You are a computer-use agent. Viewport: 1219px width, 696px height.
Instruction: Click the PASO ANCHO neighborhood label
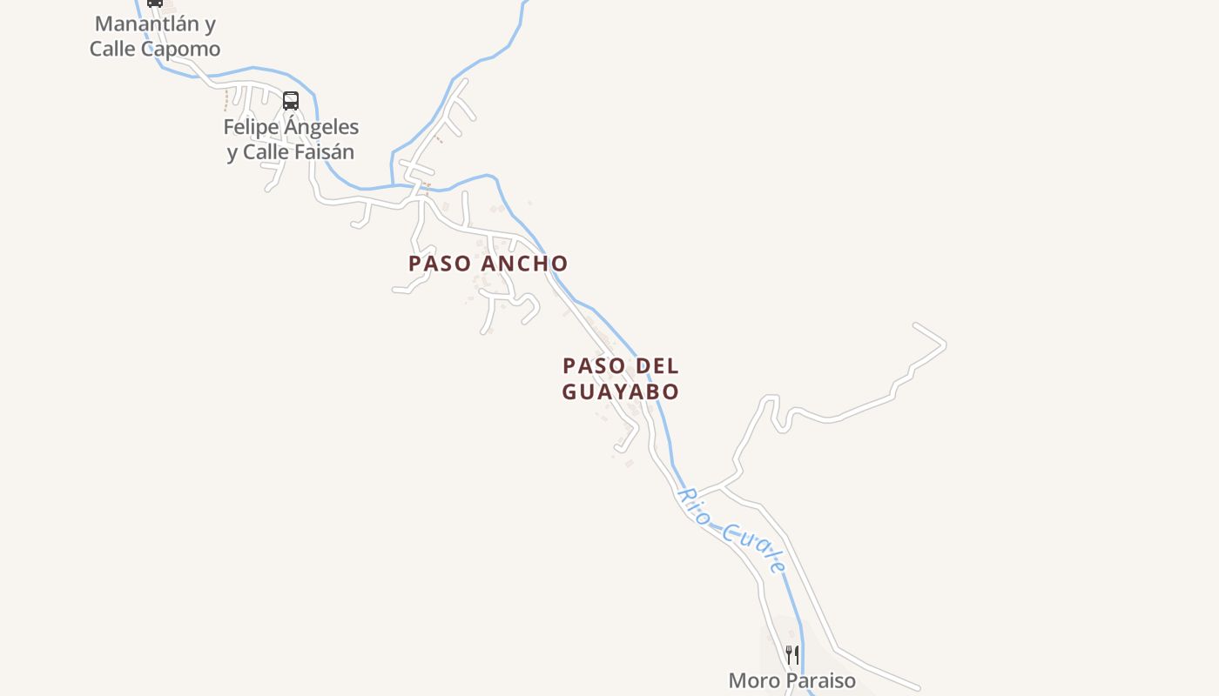488,263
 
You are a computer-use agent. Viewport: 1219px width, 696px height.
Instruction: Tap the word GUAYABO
620,391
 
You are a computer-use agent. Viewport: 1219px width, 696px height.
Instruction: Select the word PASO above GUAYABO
591,365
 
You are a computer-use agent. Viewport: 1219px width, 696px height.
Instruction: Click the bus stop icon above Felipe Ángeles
291,101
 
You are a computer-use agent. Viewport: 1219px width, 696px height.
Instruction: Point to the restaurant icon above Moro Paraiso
791,654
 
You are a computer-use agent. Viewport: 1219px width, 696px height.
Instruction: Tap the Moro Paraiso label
791,680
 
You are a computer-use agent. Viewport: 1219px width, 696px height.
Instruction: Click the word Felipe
250,127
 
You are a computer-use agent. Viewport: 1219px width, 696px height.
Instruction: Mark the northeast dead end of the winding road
916,326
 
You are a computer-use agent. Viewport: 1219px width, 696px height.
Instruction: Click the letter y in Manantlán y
210,24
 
